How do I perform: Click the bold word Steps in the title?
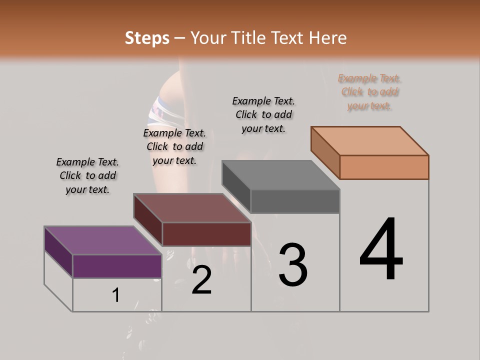pyautogui.click(x=147, y=38)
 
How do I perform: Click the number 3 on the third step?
pyautogui.click(x=293, y=265)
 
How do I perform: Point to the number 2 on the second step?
pyautogui.click(x=201, y=280)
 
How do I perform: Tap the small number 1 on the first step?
pyautogui.click(x=116, y=295)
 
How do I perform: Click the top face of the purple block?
pyautogui.click(x=102, y=240)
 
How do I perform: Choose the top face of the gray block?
pyautogui.click(x=280, y=175)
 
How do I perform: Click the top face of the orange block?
pyautogui.click(x=369, y=141)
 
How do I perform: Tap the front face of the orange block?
pyautogui.click(x=384, y=167)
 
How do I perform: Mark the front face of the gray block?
pyautogui.click(x=295, y=201)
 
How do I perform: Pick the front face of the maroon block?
pyautogui.click(x=206, y=234)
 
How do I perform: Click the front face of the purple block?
pyautogui.click(x=117, y=266)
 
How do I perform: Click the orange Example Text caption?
pyautogui.click(x=369, y=92)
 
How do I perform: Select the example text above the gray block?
pyautogui.click(x=263, y=114)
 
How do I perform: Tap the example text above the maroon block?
pyautogui.click(x=174, y=146)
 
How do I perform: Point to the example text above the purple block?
pyautogui.click(x=87, y=175)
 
